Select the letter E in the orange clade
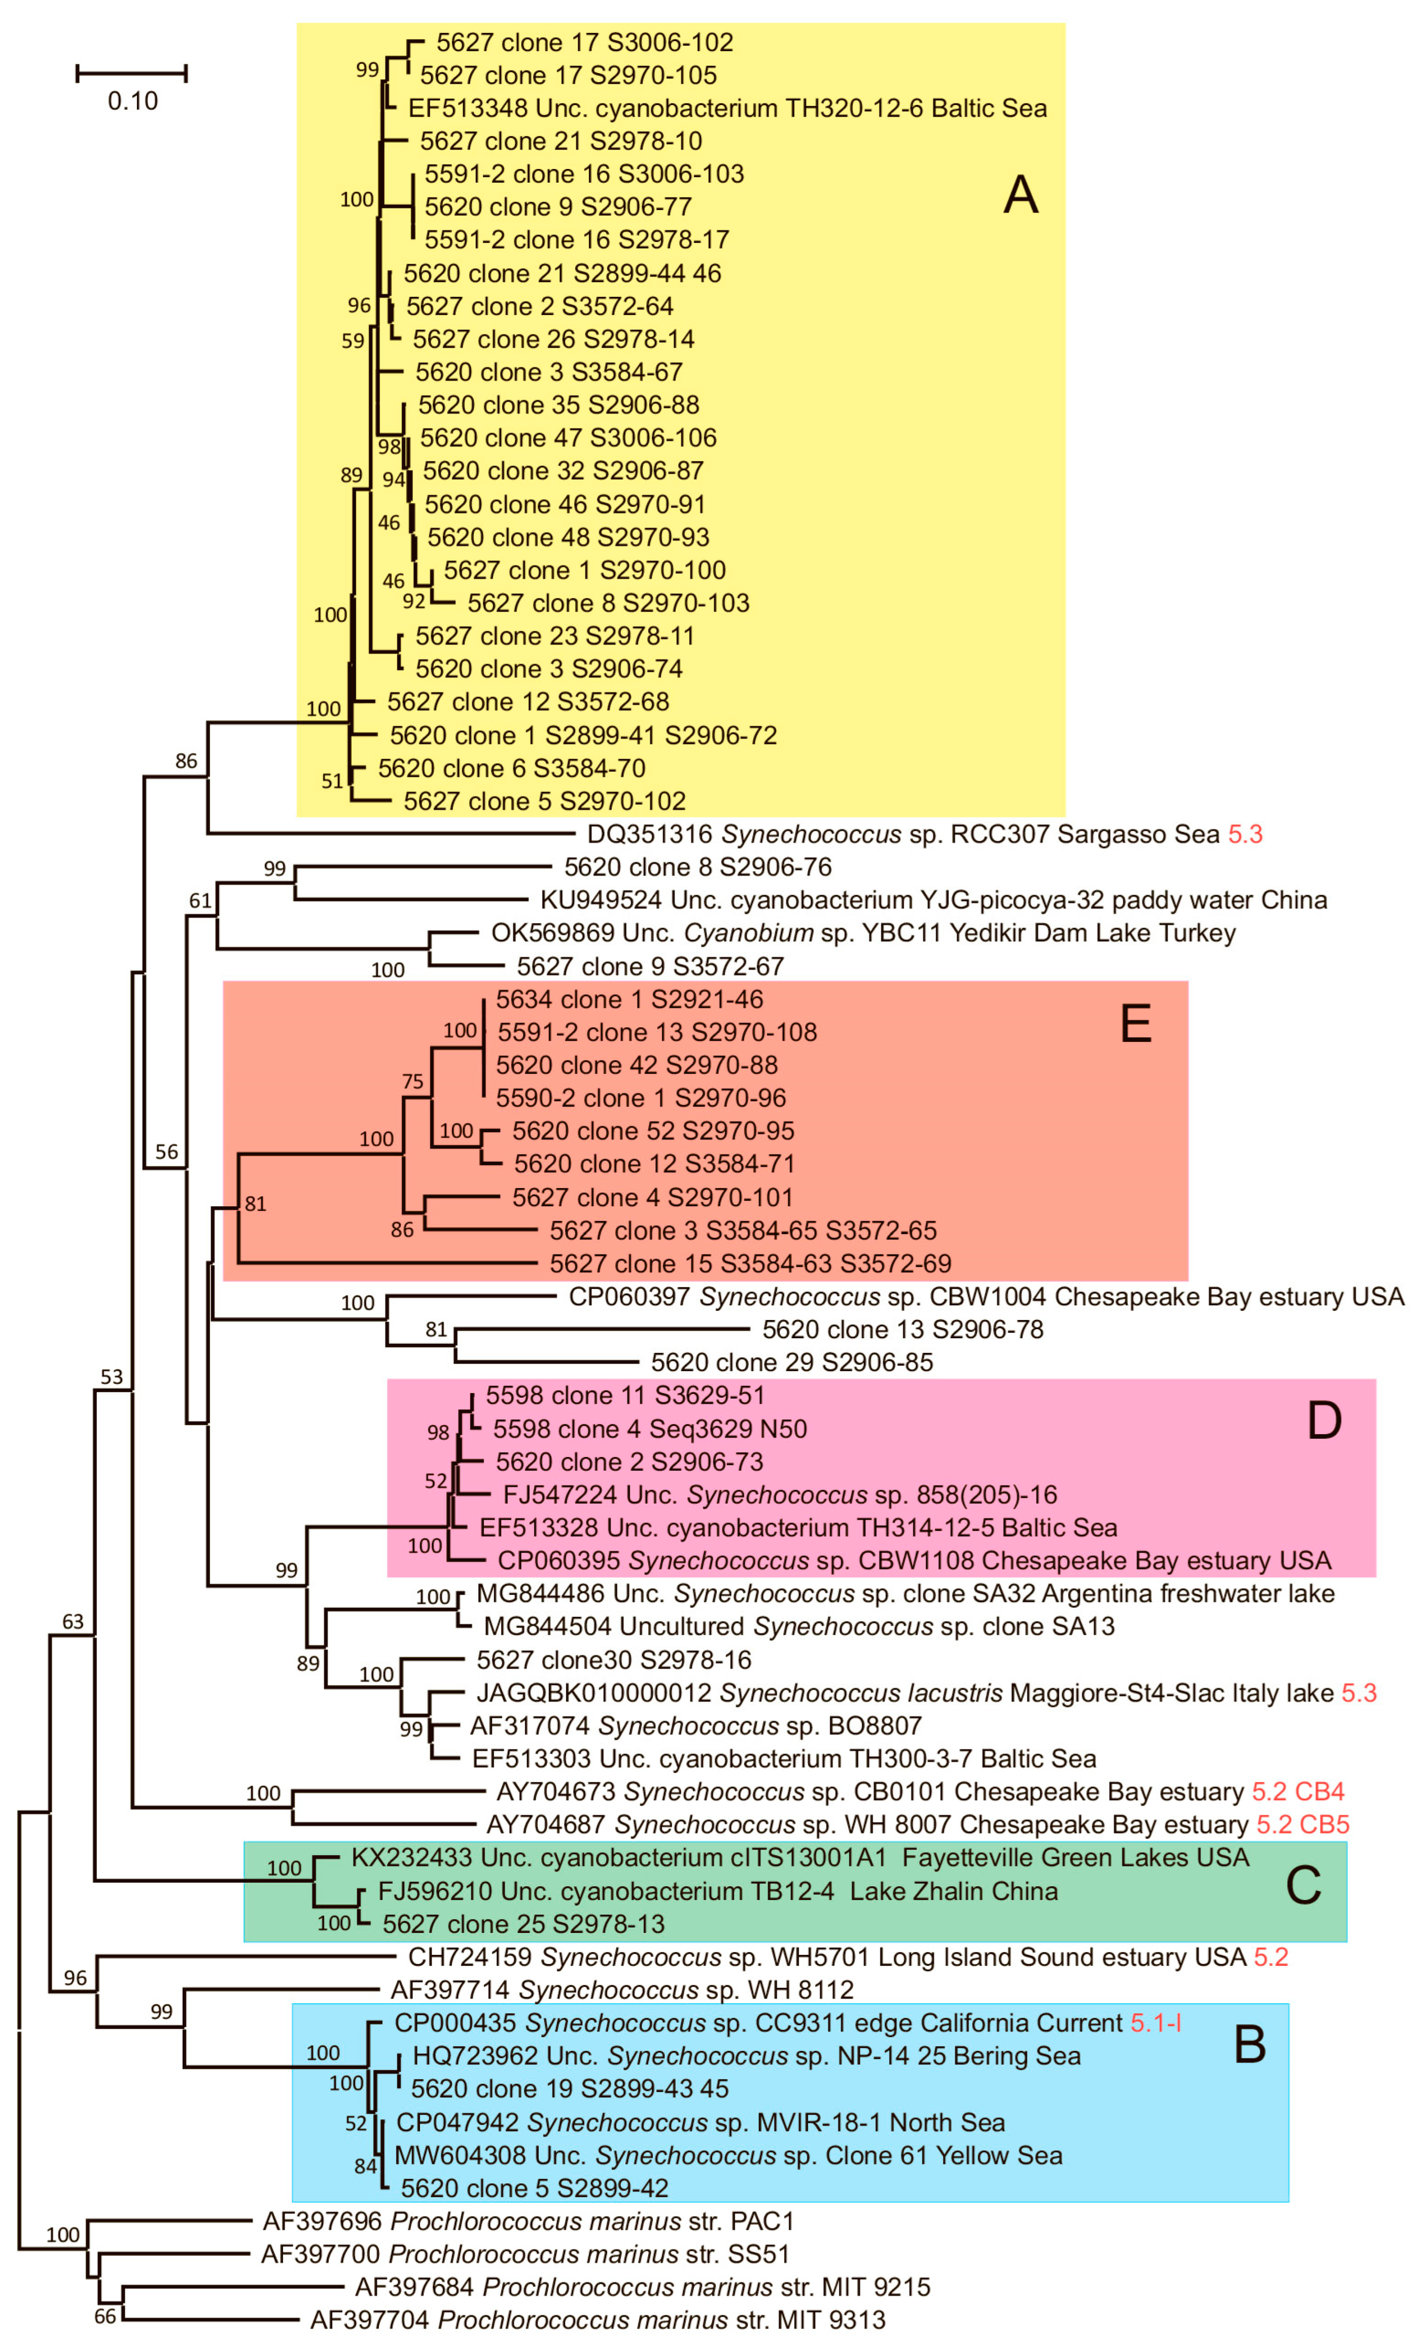[1136, 1024]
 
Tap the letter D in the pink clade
[1324, 1421]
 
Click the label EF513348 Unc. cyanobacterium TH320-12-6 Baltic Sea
[727, 108]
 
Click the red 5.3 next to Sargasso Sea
[1245, 834]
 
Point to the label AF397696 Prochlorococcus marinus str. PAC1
[528, 2221]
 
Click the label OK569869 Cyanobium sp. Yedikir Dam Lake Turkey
[863, 933]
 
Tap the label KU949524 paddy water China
[933, 900]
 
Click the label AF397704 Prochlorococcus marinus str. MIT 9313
[597, 2320]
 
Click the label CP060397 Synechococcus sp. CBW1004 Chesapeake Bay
[985, 1297]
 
